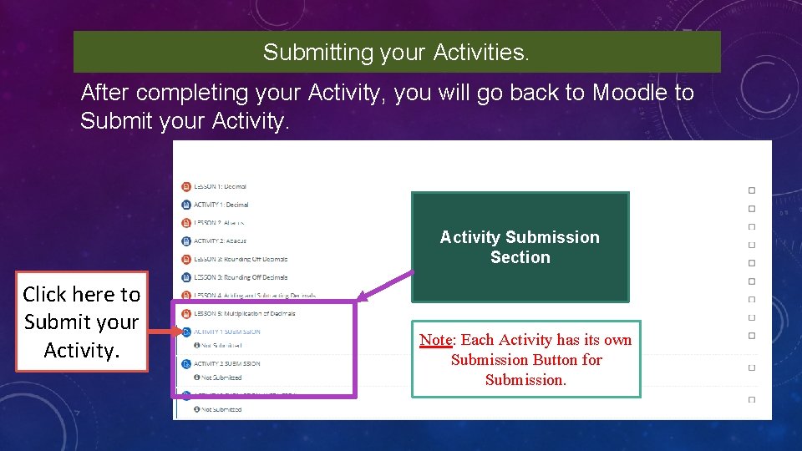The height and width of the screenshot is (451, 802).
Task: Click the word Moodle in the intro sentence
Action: (x=631, y=93)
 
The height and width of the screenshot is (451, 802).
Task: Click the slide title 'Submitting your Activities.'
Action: (x=396, y=53)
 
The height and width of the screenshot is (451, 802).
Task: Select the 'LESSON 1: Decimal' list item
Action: (x=221, y=186)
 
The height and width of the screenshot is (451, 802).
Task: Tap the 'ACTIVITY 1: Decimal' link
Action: (x=221, y=205)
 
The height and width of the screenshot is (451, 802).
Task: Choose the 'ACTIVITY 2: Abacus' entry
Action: (x=220, y=241)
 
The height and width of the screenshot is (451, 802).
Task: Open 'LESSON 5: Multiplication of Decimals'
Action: (x=244, y=314)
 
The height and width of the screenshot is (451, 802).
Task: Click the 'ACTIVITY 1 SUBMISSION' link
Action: (x=226, y=332)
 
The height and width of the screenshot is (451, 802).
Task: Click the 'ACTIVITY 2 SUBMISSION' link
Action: (x=226, y=364)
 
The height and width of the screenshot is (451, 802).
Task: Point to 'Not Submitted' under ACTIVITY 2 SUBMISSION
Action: (x=221, y=378)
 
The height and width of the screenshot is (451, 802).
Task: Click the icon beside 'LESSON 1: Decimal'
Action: (x=185, y=186)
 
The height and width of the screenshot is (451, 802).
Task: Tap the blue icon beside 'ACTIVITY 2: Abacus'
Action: (x=185, y=241)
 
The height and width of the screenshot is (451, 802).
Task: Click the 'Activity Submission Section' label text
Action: (x=520, y=247)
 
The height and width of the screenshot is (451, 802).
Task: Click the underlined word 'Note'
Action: (x=435, y=340)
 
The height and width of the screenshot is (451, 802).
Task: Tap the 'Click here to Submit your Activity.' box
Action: (x=81, y=322)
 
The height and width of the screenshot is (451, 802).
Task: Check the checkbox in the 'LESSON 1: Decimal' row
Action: (x=751, y=190)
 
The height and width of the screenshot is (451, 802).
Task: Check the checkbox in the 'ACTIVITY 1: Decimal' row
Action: (x=751, y=209)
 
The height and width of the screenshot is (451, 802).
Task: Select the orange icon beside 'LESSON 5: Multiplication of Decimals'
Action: (x=185, y=314)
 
